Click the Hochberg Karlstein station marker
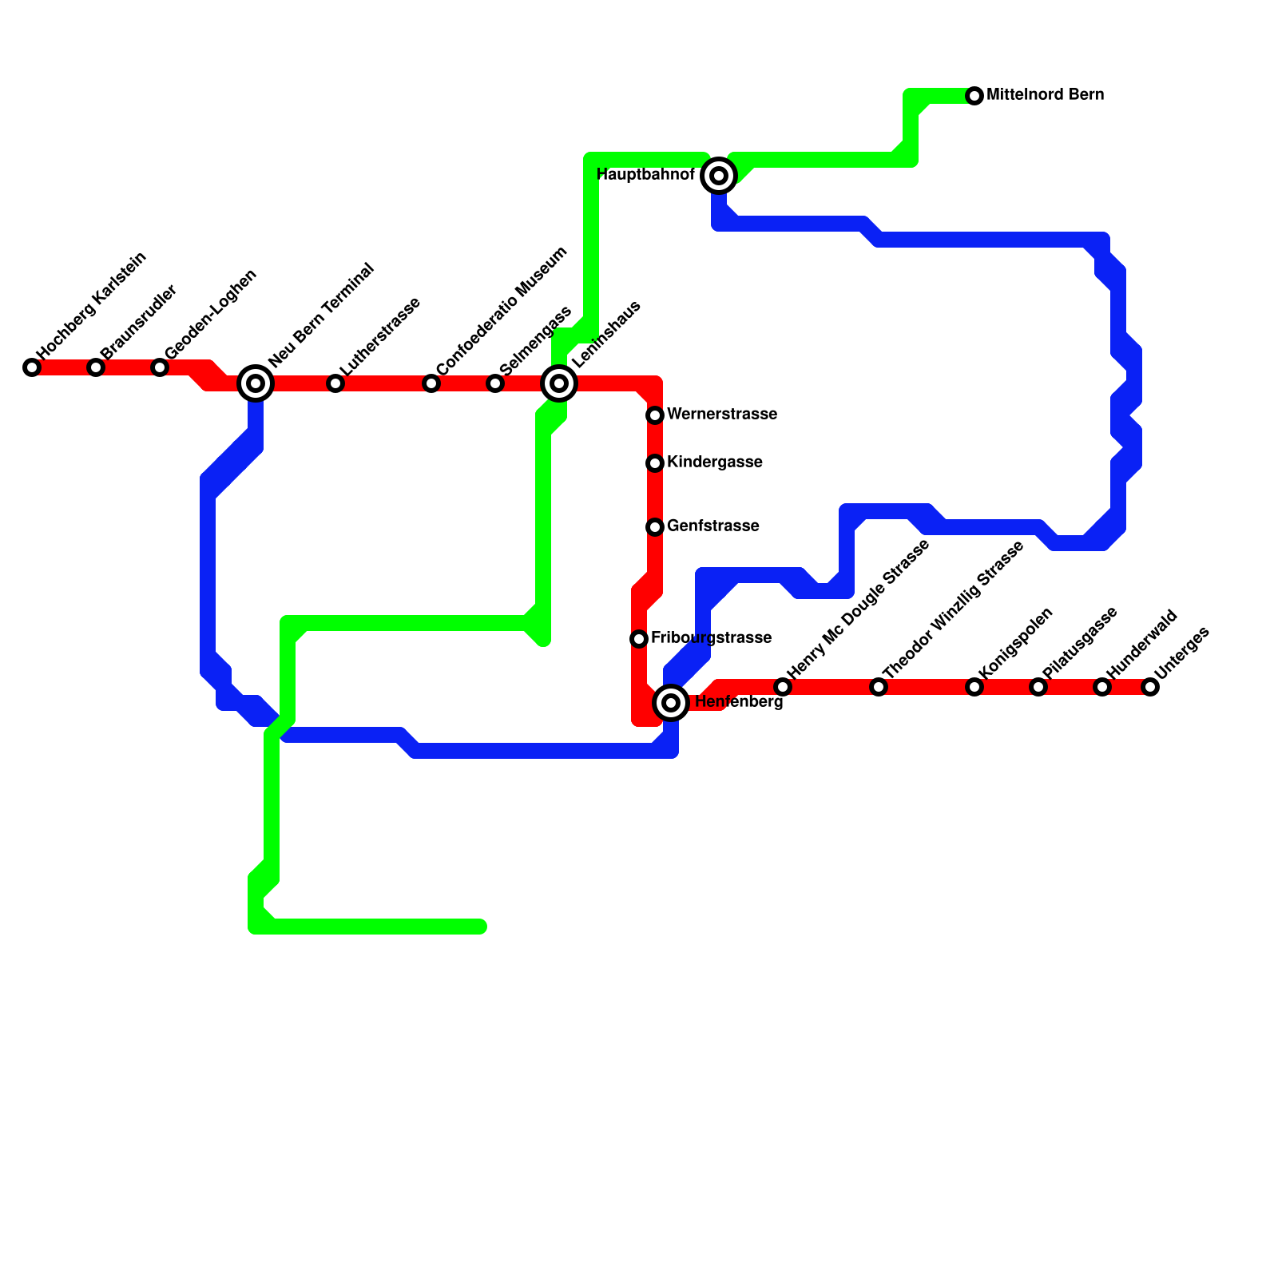tap(32, 367)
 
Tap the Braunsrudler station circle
tap(96, 367)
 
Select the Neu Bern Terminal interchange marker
tap(256, 383)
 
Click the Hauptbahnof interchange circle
tap(719, 176)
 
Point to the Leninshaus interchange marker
tap(559, 383)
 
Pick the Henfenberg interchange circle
tap(672, 703)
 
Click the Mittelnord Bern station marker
tap(974, 96)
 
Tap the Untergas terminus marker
tap(1150, 687)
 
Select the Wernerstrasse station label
tap(722, 415)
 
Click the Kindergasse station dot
tap(655, 463)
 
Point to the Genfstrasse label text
tap(712, 526)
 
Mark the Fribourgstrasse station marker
tap(639, 639)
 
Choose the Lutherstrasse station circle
tap(335, 383)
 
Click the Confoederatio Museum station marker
tap(431, 383)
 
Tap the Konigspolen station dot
tap(974, 687)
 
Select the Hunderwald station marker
tap(1102, 687)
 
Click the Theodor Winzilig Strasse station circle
tap(879, 687)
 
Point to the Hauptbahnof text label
tap(645, 175)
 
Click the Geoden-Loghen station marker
tap(160, 367)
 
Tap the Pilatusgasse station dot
tap(1038, 687)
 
